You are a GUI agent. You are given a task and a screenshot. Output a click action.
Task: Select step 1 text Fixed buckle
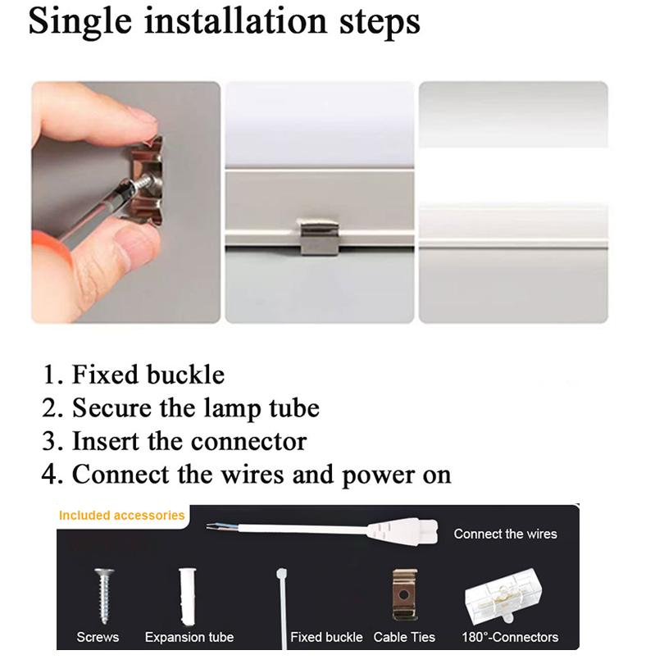click(x=148, y=375)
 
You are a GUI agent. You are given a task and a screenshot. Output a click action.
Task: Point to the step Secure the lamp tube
click(x=195, y=407)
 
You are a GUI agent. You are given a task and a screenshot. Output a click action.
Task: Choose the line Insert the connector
click(x=189, y=441)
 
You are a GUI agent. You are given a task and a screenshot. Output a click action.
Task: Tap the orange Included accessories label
click(x=121, y=516)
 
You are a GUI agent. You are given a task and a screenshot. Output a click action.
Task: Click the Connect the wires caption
click(x=505, y=534)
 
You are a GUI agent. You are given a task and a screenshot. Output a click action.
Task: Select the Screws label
click(x=98, y=637)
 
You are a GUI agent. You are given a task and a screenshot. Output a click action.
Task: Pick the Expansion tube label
click(x=189, y=637)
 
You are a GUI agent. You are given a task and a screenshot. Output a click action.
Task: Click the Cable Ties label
click(x=404, y=637)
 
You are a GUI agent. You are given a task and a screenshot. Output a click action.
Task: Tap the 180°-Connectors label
click(x=509, y=637)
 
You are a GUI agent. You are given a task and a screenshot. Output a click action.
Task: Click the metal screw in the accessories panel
click(x=103, y=594)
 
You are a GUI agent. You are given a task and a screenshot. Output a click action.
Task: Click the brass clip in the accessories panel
click(x=404, y=594)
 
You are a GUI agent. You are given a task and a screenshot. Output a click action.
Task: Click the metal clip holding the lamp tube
click(x=319, y=237)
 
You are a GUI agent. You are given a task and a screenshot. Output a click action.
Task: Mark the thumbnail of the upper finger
click(x=141, y=116)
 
